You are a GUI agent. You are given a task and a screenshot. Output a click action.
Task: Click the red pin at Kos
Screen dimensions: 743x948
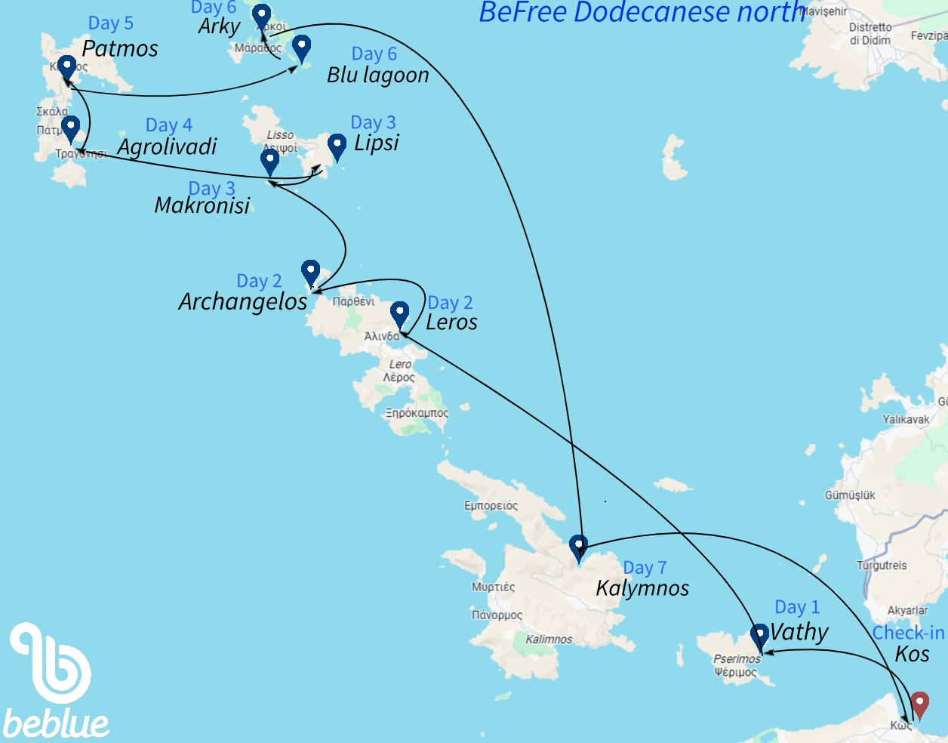(x=919, y=703)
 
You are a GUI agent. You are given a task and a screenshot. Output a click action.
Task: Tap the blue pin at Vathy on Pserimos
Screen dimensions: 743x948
(x=759, y=636)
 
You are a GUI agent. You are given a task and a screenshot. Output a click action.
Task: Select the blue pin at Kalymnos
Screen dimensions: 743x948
(x=578, y=547)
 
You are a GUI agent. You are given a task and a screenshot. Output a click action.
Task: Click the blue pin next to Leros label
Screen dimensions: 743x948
(x=399, y=313)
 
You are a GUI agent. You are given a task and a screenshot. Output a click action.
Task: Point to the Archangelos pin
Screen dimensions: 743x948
(x=310, y=272)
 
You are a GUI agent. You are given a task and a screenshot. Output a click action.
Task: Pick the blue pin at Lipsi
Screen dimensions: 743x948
(x=337, y=145)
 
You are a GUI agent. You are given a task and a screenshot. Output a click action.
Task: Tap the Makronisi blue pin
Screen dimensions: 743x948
(x=269, y=161)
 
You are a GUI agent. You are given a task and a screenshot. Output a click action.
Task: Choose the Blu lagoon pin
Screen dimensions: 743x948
(x=301, y=47)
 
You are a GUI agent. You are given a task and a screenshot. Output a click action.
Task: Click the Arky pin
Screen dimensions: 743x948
(x=261, y=15)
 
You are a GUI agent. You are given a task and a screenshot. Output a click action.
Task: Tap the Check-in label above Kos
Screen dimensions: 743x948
(x=908, y=633)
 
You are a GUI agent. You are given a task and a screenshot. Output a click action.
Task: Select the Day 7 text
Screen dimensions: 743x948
(x=645, y=568)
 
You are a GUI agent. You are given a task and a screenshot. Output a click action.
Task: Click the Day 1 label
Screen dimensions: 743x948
(x=797, y=607)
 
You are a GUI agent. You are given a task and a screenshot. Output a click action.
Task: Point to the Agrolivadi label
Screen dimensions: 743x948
(x=167, y=146)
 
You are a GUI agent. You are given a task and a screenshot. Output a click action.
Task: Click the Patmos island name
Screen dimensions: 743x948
(x=120, y=49)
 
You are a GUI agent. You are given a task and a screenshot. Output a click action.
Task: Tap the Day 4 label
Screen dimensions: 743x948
(x=168, y=125)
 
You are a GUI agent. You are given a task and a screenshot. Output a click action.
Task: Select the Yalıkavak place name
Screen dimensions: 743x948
(x=906, y=419)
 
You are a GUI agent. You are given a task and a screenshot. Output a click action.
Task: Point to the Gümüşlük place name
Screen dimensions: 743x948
(x=850, y=495)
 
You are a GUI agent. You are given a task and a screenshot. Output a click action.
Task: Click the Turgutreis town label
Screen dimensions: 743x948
(x=882, y=566)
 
